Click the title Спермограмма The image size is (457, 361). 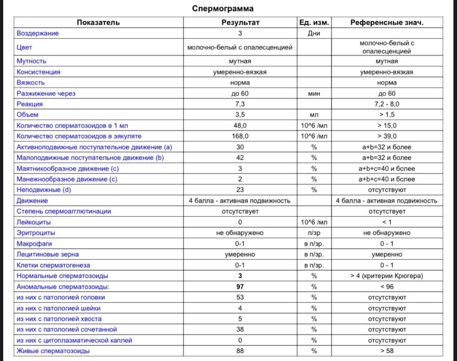pos(223,9)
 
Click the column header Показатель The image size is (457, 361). pos(98,22)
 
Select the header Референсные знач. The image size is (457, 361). pos(387,22)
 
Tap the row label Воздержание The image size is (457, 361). pos(38,33)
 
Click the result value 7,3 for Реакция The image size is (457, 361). pos(240,104)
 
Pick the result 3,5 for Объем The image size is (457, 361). pos(240,115)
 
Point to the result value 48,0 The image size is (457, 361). pos(240,125)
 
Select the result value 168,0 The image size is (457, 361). pos(240,136)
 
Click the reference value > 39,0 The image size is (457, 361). pos(387,136)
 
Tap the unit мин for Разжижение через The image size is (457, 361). pos(314,93)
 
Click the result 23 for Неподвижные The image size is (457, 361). pos(240,190)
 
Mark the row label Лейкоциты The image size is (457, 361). pos(34,222)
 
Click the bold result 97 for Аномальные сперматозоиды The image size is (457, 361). pos(240,287)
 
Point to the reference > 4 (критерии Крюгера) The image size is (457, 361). pos(387,276)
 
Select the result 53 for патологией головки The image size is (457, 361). pos(240,298)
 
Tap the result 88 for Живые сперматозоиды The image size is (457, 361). pos(240,351)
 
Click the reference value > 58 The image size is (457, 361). pos(387,351)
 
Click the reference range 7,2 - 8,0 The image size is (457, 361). pos(387,104)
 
